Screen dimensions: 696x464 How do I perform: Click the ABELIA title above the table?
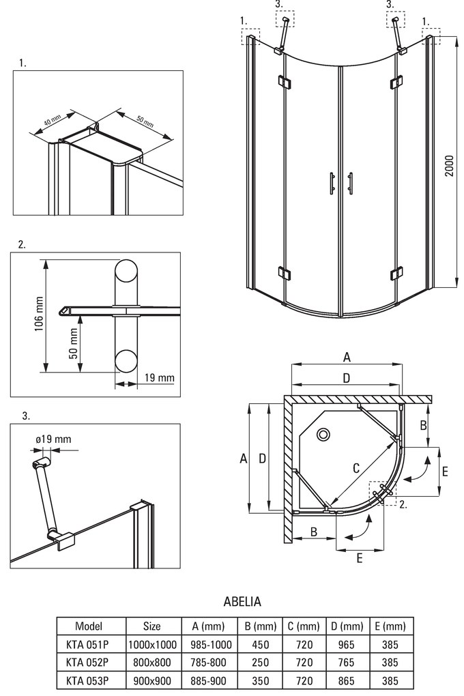pos(242,602)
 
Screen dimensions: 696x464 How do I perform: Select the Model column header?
pos(89,626)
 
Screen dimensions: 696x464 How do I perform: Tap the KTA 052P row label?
pos(89,663)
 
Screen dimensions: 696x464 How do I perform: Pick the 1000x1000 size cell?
pos(151,644)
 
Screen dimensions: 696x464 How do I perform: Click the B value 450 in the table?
pos(260,644)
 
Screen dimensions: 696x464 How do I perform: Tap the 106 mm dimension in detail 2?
pos(40,315)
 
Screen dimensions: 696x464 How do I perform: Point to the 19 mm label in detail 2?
pos(160,378)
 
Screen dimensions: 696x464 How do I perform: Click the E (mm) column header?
pos(390,626)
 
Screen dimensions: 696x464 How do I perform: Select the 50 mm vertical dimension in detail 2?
pos(72,345)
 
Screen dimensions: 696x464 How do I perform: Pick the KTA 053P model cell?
pos(89,680)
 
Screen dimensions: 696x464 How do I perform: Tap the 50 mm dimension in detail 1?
pos(145,121)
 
